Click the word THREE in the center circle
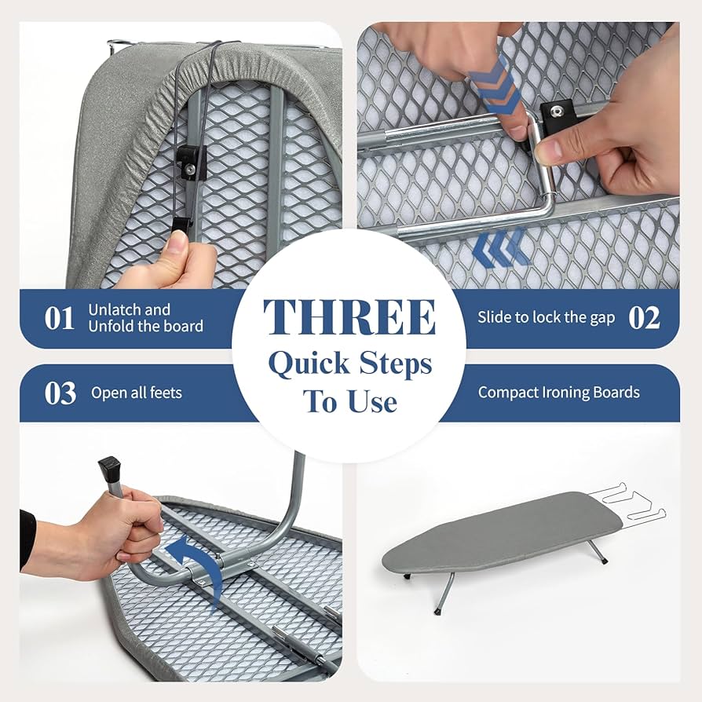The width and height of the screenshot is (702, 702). [x=349, y=317]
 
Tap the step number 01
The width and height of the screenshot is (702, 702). [x=59, y=319]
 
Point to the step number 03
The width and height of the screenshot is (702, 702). [x=60, y=393]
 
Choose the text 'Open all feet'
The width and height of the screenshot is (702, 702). [x=136, y=393]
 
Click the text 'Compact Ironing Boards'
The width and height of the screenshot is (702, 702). [x=558, y=393]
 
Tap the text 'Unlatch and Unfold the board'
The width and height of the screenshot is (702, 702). [x=145, y=318]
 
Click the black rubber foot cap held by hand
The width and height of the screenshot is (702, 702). [x=109, y=471]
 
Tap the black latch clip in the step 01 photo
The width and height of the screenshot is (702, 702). [x=189, y=162]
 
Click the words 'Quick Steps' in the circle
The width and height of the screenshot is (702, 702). [x=349, y=364]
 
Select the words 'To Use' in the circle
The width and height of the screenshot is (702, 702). [x=349, y=402]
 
